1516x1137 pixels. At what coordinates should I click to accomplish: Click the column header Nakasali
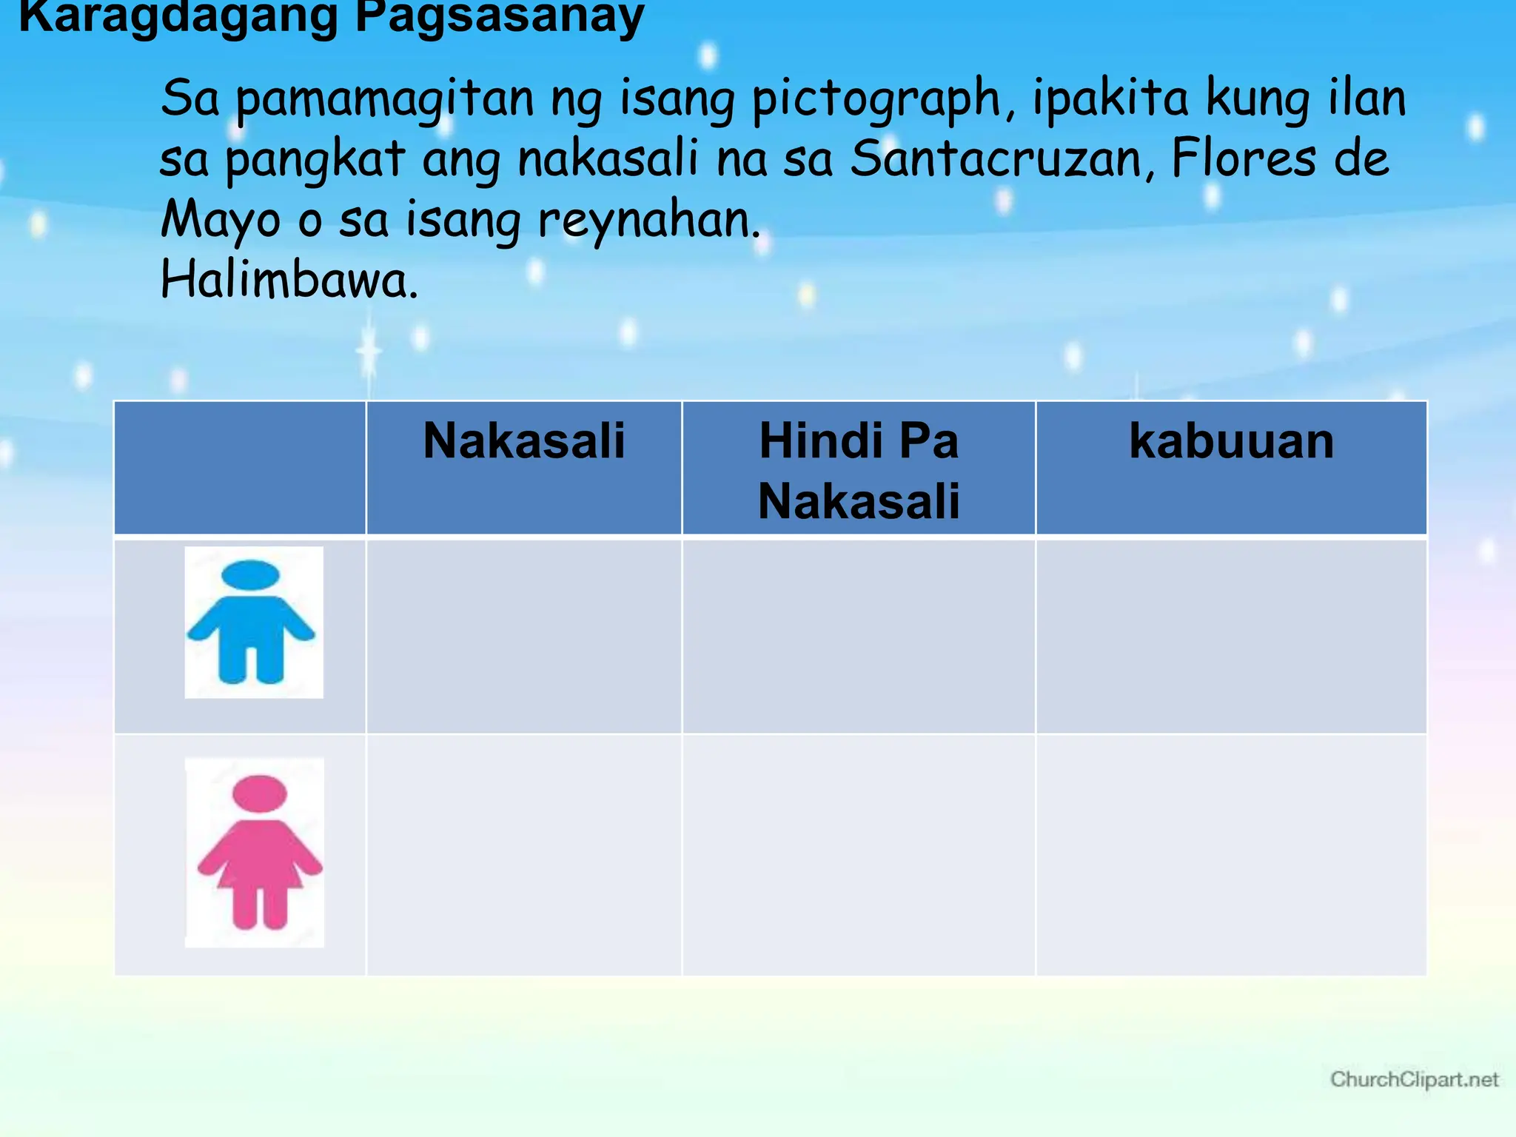click(524, 441)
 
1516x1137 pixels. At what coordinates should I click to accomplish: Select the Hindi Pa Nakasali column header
click(859, 471)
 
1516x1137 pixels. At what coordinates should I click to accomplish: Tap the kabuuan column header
click(1231, 441)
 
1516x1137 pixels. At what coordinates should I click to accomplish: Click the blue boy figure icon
click(252, 623)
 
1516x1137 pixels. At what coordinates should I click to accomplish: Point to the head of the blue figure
click(251, 574)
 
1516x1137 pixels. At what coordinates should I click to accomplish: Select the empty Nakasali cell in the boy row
click(524, 637)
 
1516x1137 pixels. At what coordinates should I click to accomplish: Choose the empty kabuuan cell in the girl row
click(1231, 855)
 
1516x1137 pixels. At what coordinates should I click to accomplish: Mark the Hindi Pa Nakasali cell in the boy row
click(859, 637)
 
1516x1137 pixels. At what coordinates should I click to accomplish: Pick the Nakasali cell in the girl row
click(524, 855)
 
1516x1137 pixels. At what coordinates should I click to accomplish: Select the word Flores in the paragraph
click(1244, 159)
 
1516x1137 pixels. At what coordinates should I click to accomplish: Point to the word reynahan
click(648, 221)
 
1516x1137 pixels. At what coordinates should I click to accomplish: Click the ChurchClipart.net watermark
click(1414, 1079)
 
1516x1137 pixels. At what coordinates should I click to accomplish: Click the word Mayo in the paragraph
click(221, 221)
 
